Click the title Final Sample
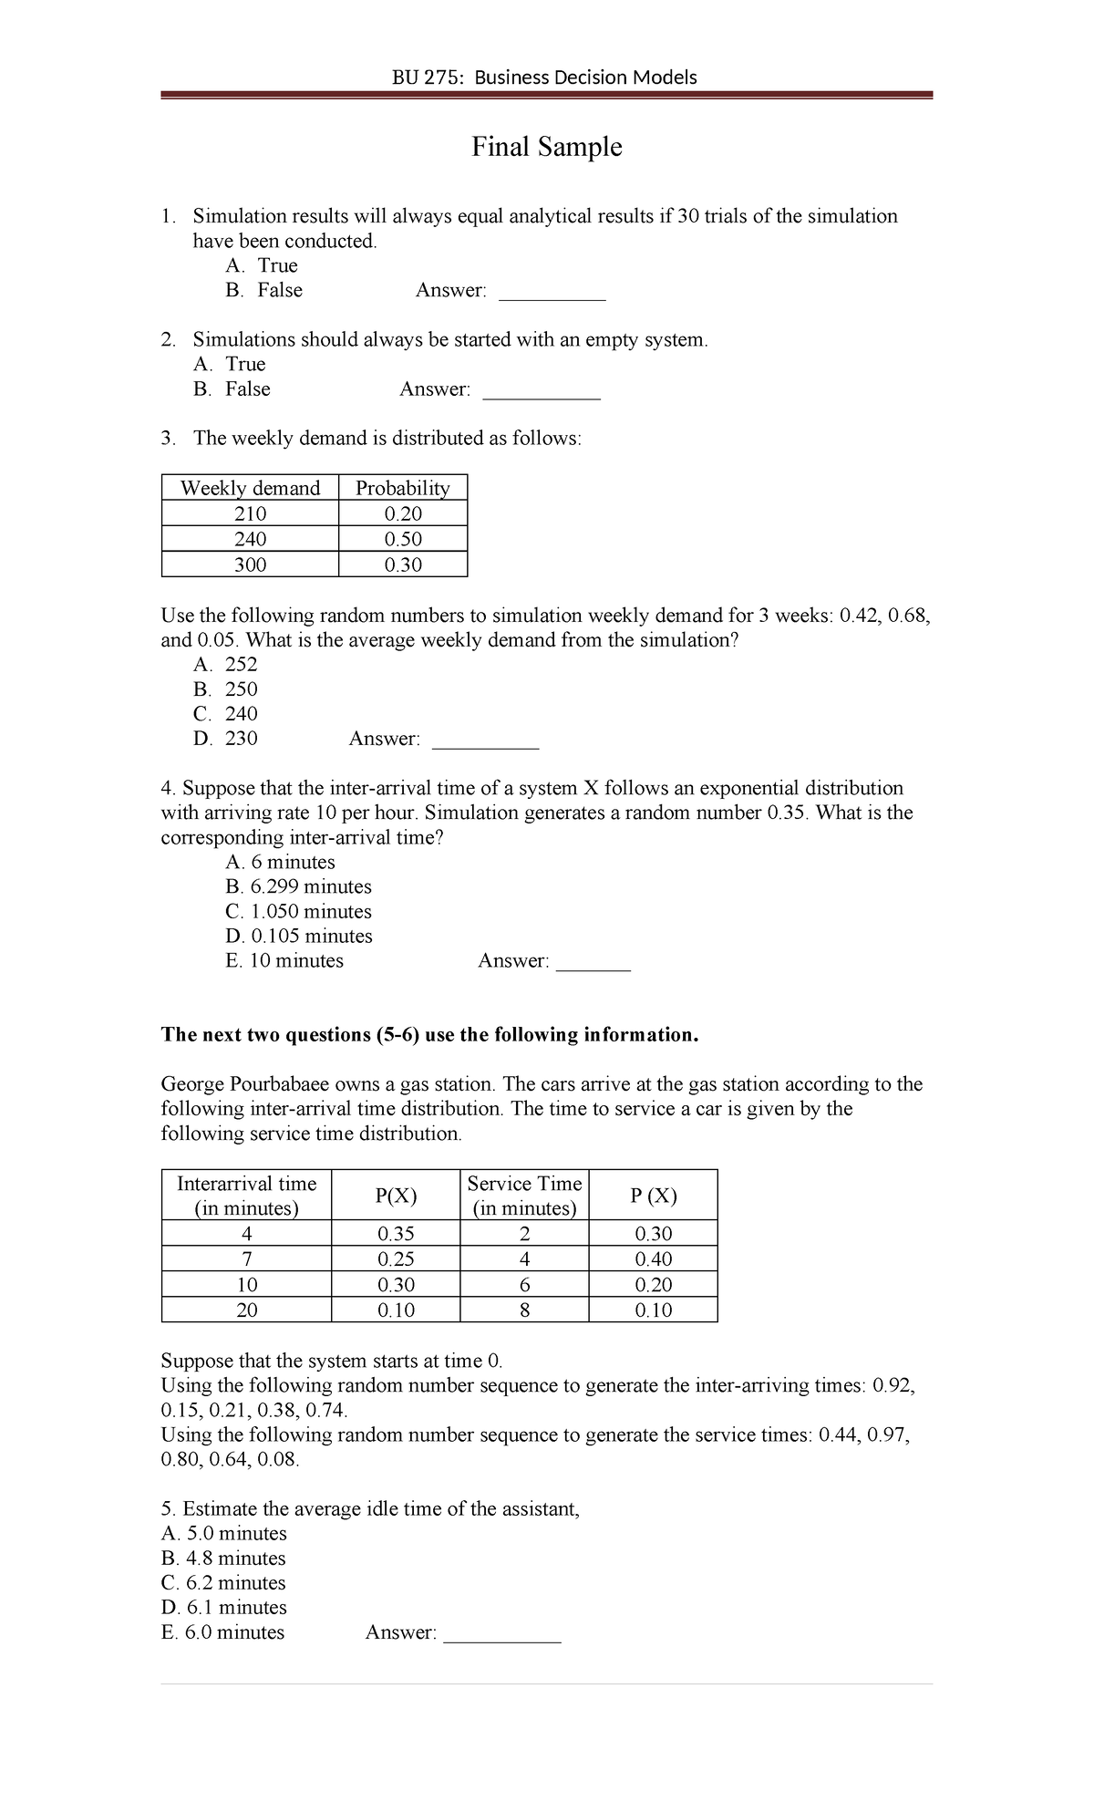pyautogui.click(x=546, y=147)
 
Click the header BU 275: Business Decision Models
pyautogui.click(x=544, y=78)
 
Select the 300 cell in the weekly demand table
pyautogui.click(x=250, y=564)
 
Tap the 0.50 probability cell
pyautogui.click(x=403, y=539)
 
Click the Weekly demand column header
pyautogui.click(x=250, y=488)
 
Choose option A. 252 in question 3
pyautogui.click(x=225, y=664)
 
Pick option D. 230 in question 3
pyautogui.click(x=225, y=738)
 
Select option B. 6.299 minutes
pyautogui.click(x=298, y=886)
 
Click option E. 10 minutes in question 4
pyautogui.click(x=284, y=960)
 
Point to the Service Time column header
pyautogui.click(x=524, y=1196)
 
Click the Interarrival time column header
pyautogui.click(x=246, y=1196)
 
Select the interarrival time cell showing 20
pyautogui.click(x=246, y=1310)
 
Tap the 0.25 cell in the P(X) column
pyautogui.click(x=396, y=1259)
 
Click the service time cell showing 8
pyautogui.click(x=524, y=1310)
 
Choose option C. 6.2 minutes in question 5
pyautogui.click(x=223, y=1582)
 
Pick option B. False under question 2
pyautogui.click(x=232, y=388)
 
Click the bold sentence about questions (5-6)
pyautogui.click(x=429, y=1035)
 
